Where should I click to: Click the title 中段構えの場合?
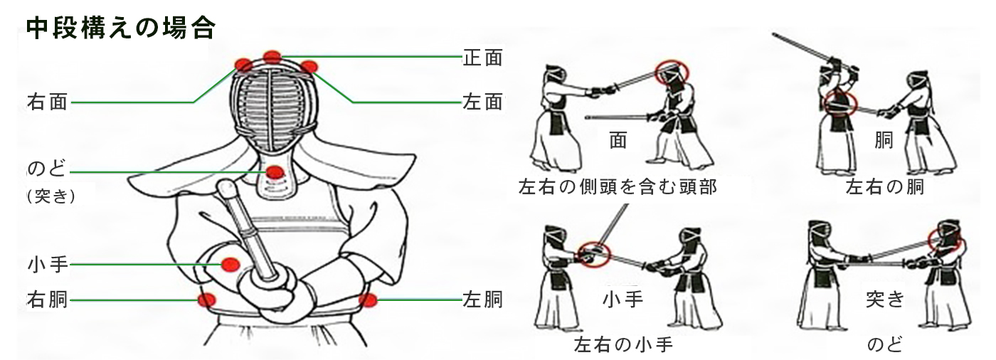[x=121, y=28]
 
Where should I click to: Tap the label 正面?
[x=483, y=58]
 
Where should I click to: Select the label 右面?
[x=48, y=102]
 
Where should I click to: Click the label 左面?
[x=483, y=102]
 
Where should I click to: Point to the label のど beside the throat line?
[x=47, y=169]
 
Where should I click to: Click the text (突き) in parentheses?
[x=51, y=196]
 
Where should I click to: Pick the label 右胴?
[x=48, y=300]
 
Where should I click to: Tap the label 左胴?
[x=483, y=300]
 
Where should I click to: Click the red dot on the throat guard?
[x=275, y=172]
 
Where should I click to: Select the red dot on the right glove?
[x=231, y=264]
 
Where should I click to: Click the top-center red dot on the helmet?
[x=272, y=57]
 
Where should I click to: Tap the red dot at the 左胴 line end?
[x=369, y=300]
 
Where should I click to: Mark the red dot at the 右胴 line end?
[x=207, y=300]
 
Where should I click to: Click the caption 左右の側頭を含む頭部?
[x=618, y=186]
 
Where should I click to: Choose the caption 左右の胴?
[x=885, y=186]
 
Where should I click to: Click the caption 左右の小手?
[x=623, y=344]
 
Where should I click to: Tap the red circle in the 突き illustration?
[x=929, y=240]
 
